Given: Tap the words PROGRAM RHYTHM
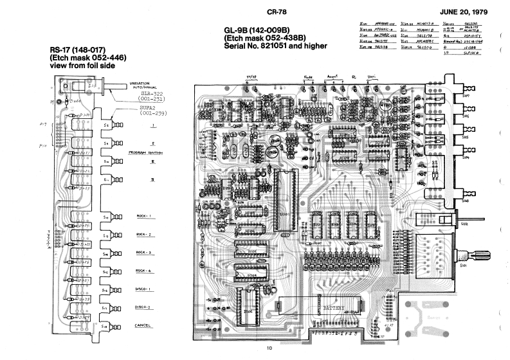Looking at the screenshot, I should pyautogui.click(x=145, y=153).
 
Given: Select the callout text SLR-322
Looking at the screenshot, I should pyautogui.click(x=152, y=94).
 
